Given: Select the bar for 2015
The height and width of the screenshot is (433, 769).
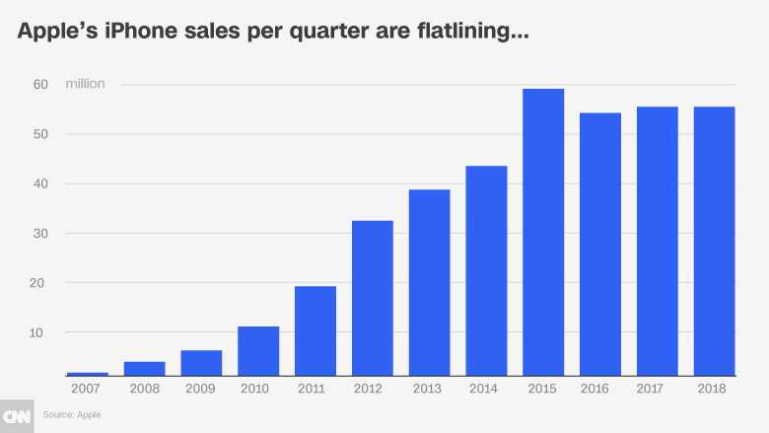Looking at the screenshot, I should click(x=543, y=233).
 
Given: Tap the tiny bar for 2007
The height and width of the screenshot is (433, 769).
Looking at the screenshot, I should click(x=88, y=374).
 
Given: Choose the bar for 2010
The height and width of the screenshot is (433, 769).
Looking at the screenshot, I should click(x=258, y=351).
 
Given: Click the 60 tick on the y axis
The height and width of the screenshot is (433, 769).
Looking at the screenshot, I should click(x=40, y=85).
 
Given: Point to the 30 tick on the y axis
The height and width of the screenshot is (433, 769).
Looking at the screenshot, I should click(x=40, y=234).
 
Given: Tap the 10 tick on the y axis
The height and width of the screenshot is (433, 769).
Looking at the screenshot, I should click(x=40, y=332).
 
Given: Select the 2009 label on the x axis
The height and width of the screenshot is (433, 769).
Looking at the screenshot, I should click(x=201, y=390).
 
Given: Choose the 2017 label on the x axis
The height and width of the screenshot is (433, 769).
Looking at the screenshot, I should click(x=657, y=390).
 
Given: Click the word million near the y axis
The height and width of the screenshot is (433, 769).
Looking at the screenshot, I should click(x=85, y=84).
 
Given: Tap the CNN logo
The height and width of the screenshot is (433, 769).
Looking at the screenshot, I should click(x=17, y=415).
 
